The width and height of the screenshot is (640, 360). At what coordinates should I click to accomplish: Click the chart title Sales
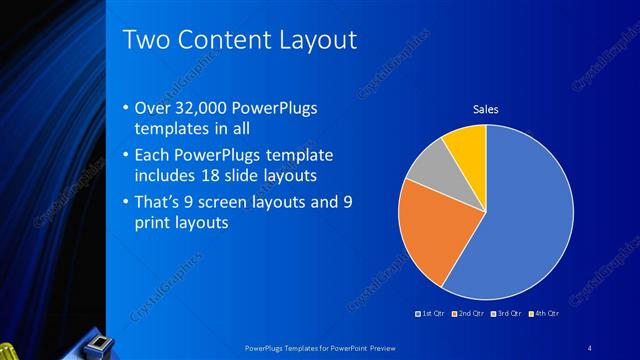[x=485, y=109]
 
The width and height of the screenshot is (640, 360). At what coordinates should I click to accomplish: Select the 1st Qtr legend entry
[x=431, y=314]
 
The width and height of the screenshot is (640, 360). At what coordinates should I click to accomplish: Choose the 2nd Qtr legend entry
[x=467, y=314]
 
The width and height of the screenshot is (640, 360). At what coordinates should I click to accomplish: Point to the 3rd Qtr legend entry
[x=504, y=314]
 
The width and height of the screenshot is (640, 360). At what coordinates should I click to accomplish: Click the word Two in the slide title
[x=144, y=41]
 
